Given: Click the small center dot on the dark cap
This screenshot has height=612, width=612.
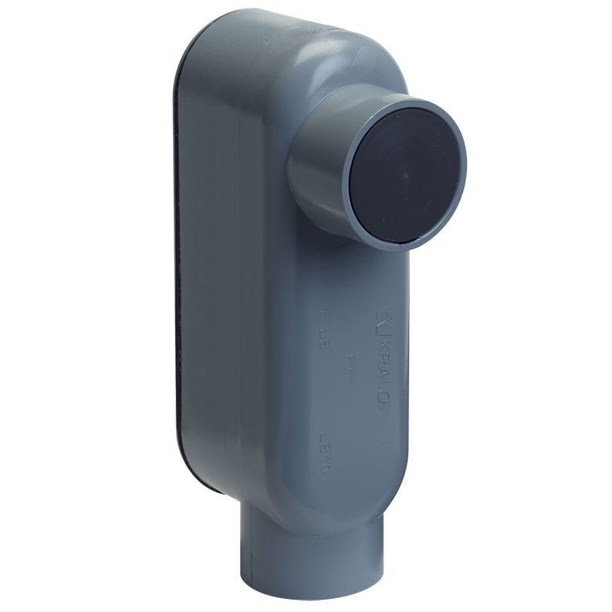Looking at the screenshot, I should (404, 175).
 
